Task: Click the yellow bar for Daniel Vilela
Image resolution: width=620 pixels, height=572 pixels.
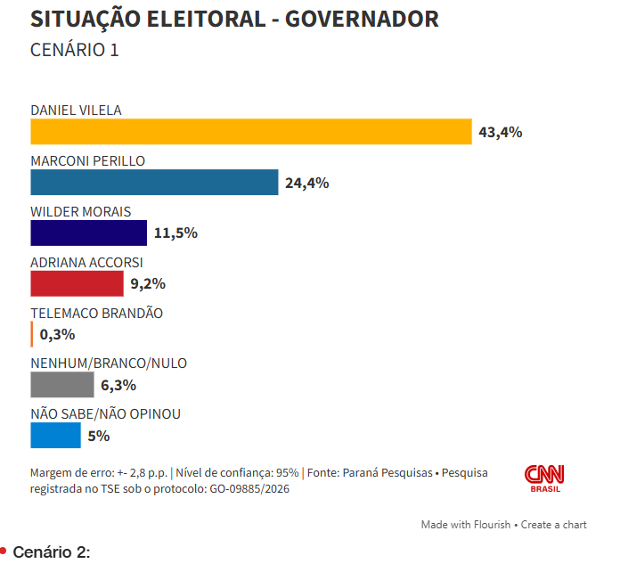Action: (x=250, y=132)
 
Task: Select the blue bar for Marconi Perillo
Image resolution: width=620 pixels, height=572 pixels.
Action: (x=154, y=183)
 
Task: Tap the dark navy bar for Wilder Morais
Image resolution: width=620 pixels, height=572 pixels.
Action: (x=88, y=233)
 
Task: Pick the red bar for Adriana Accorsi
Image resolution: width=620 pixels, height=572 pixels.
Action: (x=76, y=284)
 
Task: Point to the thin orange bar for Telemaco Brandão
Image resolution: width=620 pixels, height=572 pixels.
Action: (x=32, y=335)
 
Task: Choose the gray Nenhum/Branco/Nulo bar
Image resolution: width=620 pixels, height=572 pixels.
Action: (x=62, y=385)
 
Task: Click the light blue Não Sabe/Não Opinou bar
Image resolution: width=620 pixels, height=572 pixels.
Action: (x=55, y=436)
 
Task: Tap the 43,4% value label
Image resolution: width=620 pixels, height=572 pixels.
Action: (x=500, y=133)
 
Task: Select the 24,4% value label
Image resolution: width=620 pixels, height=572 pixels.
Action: (x=307, y=184)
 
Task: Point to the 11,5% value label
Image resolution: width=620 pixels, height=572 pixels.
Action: (x=175, y=233)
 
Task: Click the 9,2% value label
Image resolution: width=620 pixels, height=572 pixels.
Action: (x=148, y=284)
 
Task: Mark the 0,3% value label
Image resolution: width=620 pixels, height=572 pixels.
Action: (x=58, y=335)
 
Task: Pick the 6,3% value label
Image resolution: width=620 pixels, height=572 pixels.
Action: (x=118, y=386)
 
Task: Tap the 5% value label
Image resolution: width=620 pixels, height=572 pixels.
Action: (x=99, y=437)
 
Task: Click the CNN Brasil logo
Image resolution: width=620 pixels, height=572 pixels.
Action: (x=544, y=479)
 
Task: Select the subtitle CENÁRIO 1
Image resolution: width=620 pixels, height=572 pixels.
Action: (x=75, y=50)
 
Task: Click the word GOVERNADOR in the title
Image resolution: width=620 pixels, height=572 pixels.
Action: (x=362, y=20)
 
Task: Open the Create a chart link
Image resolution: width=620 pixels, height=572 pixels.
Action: (x=554, y=525)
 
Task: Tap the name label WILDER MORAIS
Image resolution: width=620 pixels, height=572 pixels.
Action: (x=81, y=212)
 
